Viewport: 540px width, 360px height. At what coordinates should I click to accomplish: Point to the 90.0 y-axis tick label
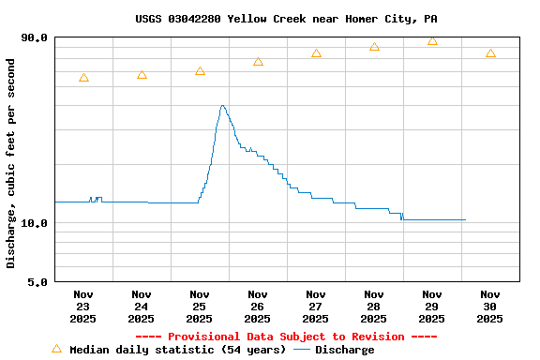coord(35,37)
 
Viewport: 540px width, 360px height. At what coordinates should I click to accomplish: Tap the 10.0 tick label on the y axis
coord(35,223)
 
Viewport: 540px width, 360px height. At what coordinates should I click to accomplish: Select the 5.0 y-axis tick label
coord(38,281)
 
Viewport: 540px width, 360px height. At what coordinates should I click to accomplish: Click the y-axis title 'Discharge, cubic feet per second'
coord(11,163)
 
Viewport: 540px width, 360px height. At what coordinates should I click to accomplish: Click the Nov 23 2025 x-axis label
coord(83,307)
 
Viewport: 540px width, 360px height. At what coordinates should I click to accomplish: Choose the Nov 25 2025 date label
coord(200,307)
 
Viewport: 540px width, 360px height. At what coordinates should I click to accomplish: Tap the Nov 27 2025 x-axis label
coord(316,307)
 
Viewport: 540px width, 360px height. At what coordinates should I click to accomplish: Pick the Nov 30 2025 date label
coord(490,307)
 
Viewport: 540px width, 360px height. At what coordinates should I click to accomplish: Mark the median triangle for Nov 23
coord(83,78)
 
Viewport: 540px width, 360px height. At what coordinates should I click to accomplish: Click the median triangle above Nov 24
coord(142,74)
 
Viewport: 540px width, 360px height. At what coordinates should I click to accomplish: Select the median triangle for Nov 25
coord(200,70)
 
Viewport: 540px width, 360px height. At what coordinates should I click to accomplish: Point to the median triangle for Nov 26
coord(258,61)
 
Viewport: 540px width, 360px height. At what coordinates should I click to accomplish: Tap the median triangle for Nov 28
coord(374,46)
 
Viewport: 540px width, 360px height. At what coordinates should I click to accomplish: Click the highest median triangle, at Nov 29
coord(432,40)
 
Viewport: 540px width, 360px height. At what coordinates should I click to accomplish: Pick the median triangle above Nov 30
coord(490,53)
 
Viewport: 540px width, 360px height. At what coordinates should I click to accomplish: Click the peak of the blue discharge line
coord(222,106)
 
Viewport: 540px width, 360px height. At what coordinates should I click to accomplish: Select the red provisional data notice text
coord(286,337)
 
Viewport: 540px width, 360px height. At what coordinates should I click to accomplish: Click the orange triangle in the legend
coord(56,349)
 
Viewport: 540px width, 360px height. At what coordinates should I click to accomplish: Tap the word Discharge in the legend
coord(344,350)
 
